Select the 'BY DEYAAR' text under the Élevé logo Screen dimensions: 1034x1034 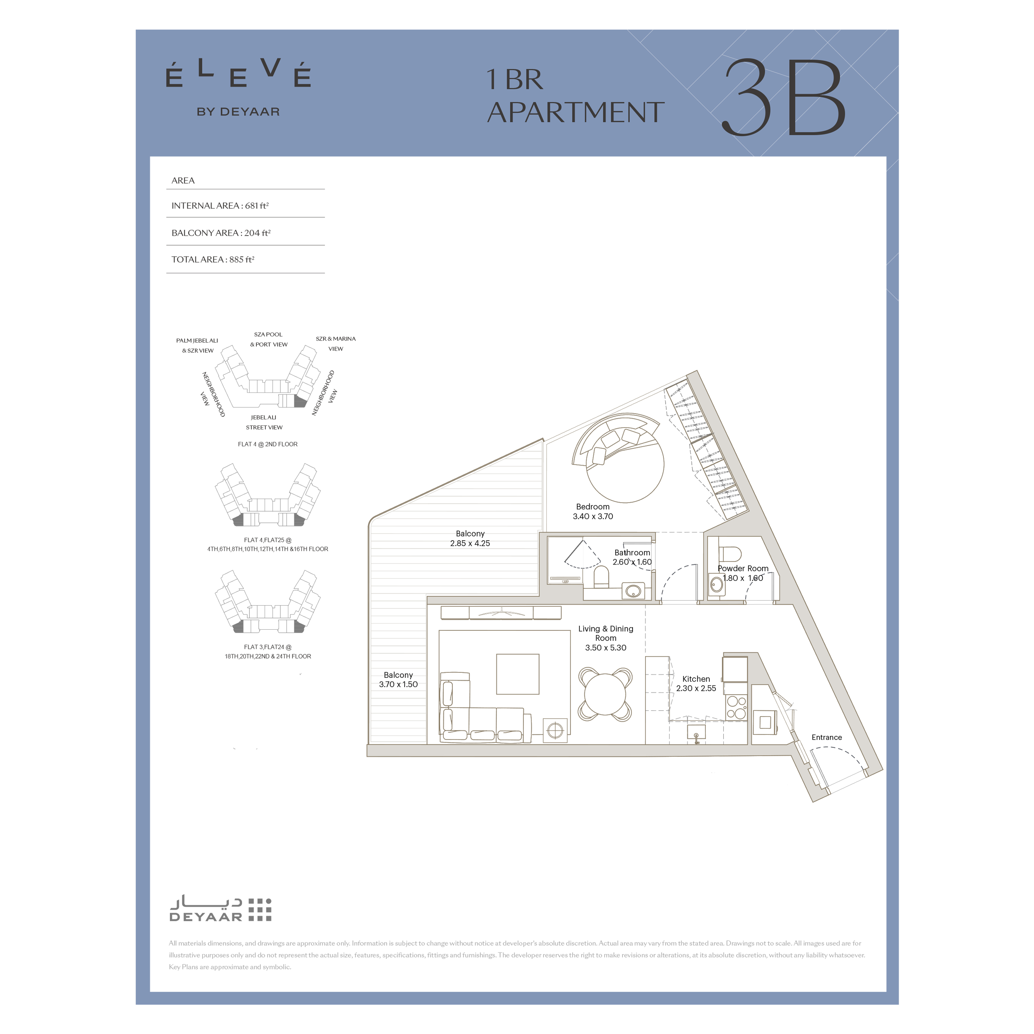pos(238,112)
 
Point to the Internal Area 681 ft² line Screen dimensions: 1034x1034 pos(220,206)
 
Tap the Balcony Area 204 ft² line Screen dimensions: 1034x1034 pos(221,233)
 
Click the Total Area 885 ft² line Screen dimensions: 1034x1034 pos(213,260)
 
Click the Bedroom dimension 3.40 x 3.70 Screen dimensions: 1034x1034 pos(593,516)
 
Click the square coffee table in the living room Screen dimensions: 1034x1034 pos(518,674)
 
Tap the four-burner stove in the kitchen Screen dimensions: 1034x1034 pos(737,708)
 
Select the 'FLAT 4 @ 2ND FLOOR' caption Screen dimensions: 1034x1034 pos(268,444)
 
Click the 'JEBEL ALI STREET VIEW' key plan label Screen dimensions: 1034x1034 pos(264,422)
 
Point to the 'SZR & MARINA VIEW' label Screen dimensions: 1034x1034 pos(336,344)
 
